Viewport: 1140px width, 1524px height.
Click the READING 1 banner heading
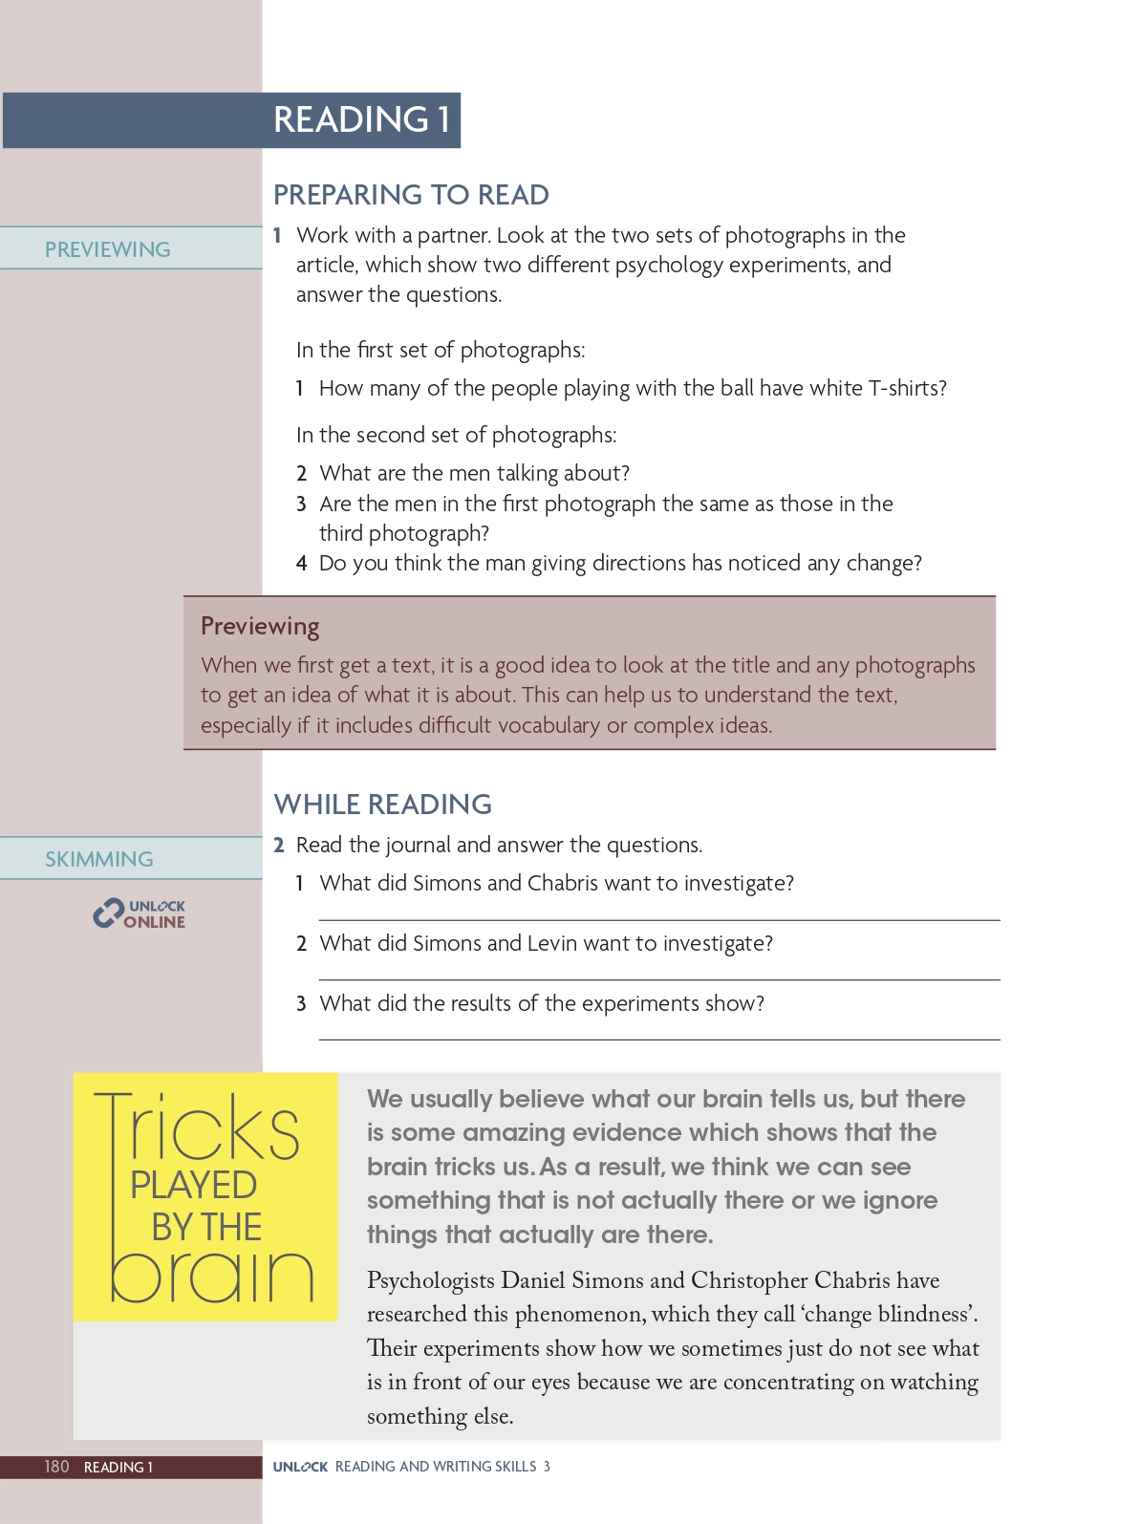(361, 119)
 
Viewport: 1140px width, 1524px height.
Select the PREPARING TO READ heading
(411, 195)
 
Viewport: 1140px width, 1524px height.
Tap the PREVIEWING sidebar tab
(108, 249)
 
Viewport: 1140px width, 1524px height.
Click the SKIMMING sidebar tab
(99, 859)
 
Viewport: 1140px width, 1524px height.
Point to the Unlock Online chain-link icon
(108, 913)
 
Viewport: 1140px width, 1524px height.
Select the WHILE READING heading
(382, 805)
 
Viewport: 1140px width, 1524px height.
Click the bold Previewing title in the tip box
(260, 627)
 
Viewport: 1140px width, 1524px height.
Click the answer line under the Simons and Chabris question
(659, 920)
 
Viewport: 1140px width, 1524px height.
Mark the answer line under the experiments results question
(659, 1039)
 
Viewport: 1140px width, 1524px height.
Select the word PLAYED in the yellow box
(194, 1185)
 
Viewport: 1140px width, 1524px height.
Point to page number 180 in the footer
(56, 1467)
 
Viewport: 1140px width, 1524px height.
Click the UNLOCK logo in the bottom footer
(300, 1467)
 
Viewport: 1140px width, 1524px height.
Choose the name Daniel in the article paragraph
(539, 1280)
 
